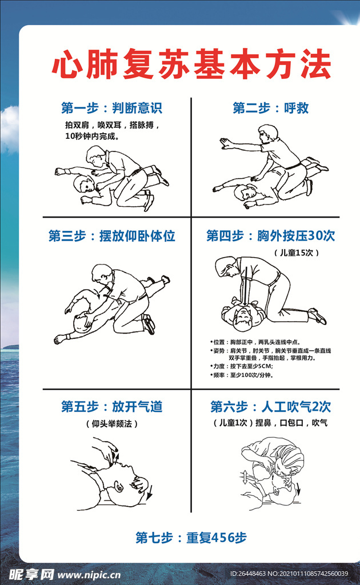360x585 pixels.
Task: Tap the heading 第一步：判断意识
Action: tap(111, 108)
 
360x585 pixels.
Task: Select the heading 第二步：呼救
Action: tap(270, 108)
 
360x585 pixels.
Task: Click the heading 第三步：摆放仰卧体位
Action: tap(111, 235)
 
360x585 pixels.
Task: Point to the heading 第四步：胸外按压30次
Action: tap(270, 235)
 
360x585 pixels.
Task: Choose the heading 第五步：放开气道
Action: tap(111, 407)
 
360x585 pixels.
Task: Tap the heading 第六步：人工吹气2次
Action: tap(270, 407)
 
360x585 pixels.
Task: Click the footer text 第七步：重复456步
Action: tap(191, 538)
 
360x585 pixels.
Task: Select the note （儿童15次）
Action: tap(295, 252)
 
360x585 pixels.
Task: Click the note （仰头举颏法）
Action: tap(111, 423)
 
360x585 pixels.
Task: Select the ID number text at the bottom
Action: tap(289, 574)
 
